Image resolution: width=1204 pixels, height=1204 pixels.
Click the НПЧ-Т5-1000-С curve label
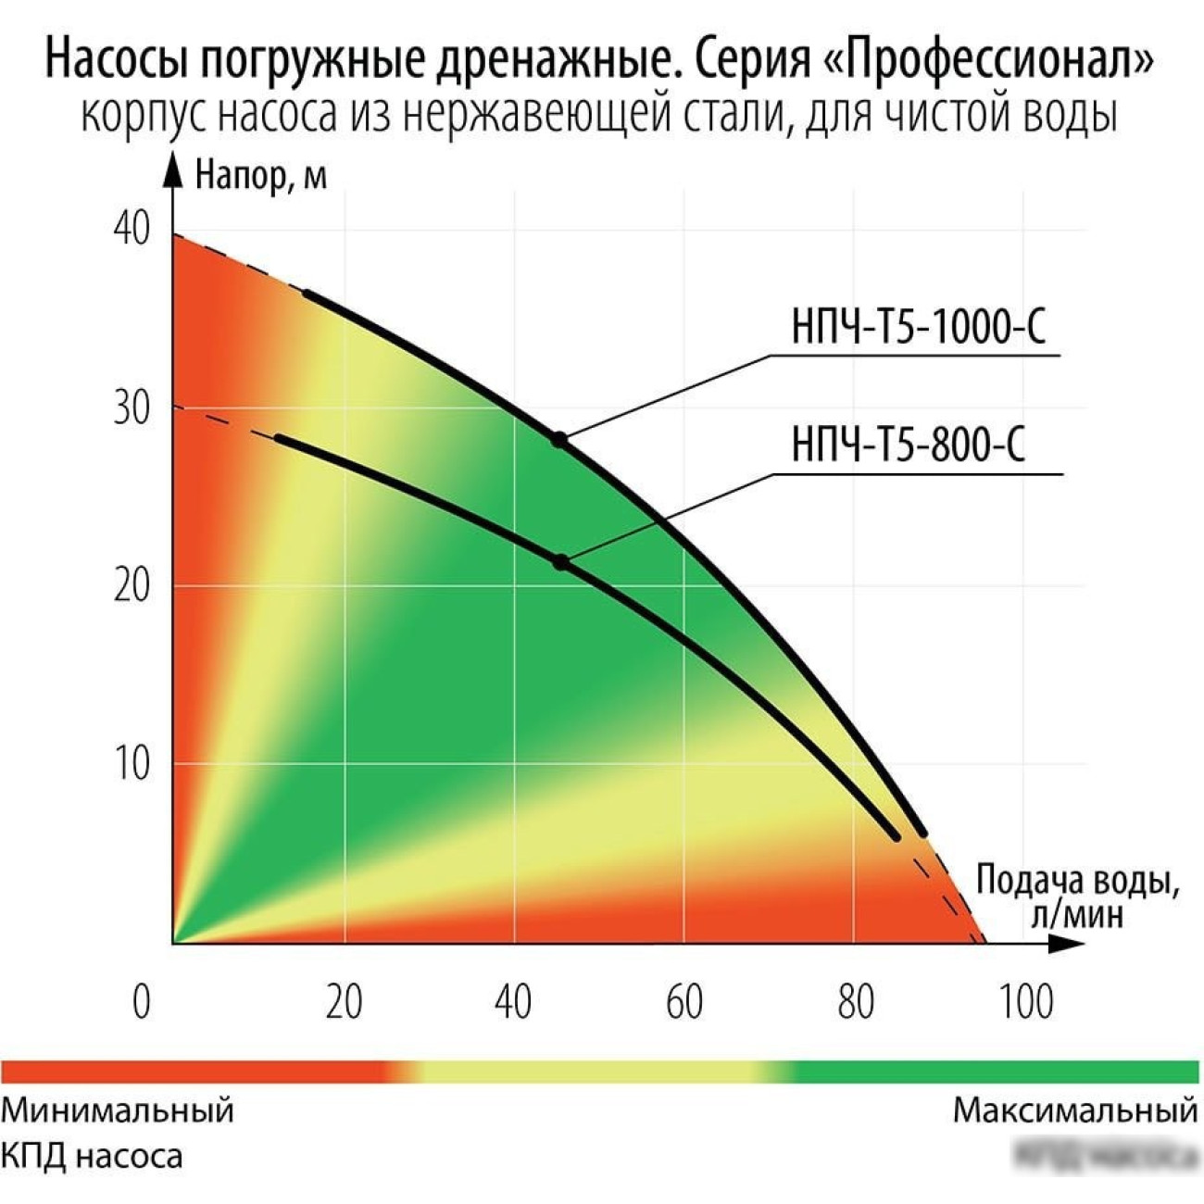click(x=918, y=327)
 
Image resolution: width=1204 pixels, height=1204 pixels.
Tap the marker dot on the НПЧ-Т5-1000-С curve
click(x=559, y=439)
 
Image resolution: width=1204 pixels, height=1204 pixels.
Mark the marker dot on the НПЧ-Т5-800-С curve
click(x=560, y=561)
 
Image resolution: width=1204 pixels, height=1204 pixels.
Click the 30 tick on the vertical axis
click(x=132, y=408)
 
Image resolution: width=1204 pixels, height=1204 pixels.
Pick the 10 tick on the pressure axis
click(x=132, y=764)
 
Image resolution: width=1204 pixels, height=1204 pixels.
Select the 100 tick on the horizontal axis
click(x=1026, y=1002)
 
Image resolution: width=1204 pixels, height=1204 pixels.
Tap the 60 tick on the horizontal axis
click(x=684, y=1002)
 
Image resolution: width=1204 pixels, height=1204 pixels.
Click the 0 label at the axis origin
click(x=142, y=1002)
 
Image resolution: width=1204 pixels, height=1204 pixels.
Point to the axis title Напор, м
click(x=261, y=175)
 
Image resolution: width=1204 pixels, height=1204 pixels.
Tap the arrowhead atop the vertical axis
click(x=172, y=167)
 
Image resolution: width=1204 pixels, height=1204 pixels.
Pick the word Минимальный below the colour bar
click(x=118, y=1110)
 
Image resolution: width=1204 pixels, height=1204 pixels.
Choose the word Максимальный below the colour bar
click(x=1075, y=1110)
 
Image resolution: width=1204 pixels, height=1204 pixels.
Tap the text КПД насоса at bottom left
click(x=92, y=1156)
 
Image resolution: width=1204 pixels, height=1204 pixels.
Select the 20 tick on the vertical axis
click(x=132, y=585)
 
